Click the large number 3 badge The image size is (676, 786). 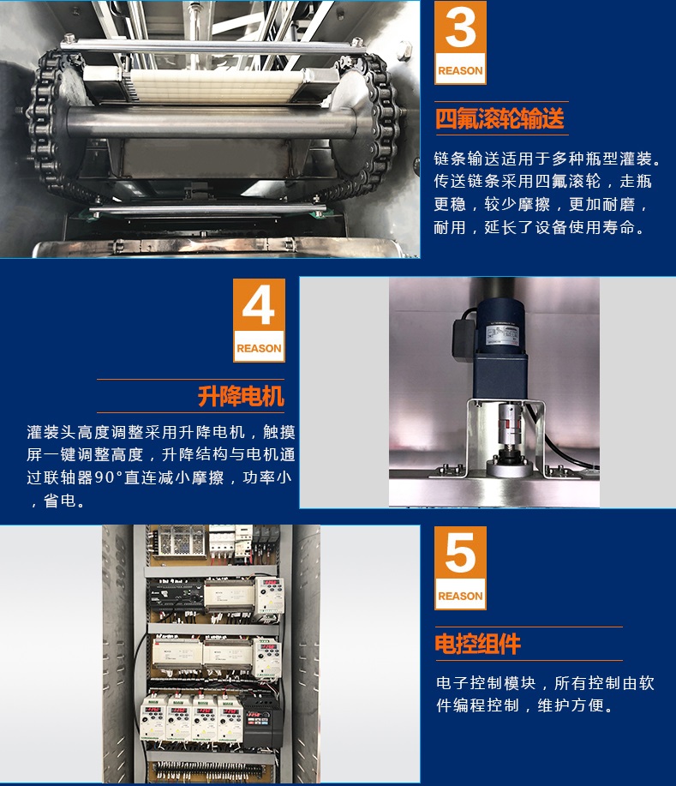[x=460, y=43]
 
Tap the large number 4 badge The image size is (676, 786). [x=259, y=321]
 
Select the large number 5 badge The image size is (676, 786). [x=460, y=568]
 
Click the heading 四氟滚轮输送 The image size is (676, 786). [x=500, y=119]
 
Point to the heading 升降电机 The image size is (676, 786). [x=241, y=396]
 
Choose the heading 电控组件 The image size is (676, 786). [x=477, y=644]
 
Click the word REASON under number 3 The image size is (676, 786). [x=460, y=70]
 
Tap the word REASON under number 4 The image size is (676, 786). [x=259, y=348]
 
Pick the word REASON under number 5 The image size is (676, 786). [x=460, y=596]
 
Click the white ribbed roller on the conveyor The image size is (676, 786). [x=217, y=85]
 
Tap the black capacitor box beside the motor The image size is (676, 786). [x=464, y=337]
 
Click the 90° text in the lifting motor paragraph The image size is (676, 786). [x=109, y=477]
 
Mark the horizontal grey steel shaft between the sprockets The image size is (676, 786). [x=211, y=122]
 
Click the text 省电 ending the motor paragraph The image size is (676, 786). [x=60, y=501]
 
